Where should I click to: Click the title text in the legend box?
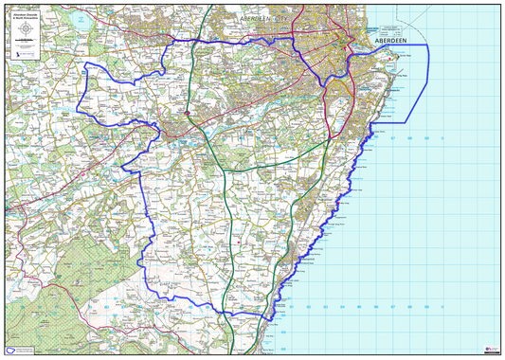pos(26,16)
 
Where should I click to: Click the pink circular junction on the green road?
pos(188,115)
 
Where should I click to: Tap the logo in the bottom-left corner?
pos(12,350)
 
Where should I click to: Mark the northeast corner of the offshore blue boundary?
pos(429,45)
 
